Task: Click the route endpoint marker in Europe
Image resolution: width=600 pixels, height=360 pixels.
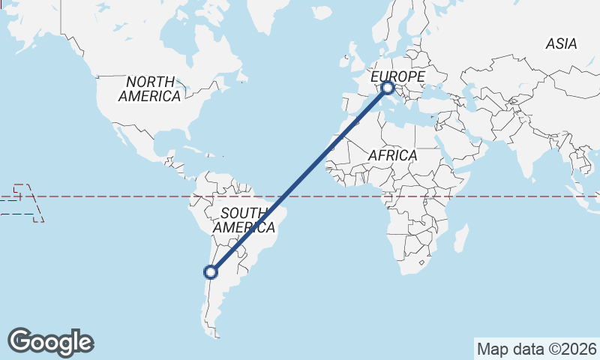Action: coord(388,88)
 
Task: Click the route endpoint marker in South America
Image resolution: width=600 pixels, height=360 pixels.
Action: coord(211,271)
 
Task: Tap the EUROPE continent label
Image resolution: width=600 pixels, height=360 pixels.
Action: coord(398,76)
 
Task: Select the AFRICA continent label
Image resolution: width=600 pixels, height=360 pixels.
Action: coord(392,155)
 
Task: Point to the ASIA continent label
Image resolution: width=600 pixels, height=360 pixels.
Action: coord(561,44)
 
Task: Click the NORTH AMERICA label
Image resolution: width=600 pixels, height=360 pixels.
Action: coord(150,88)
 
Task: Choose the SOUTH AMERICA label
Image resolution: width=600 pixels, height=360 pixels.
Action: coord(244,219)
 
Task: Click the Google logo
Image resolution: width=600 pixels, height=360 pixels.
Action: coord(50,342)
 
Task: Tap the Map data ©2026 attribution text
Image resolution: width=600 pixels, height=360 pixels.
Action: coord(537,349)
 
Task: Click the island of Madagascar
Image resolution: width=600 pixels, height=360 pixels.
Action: coord(461,240)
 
